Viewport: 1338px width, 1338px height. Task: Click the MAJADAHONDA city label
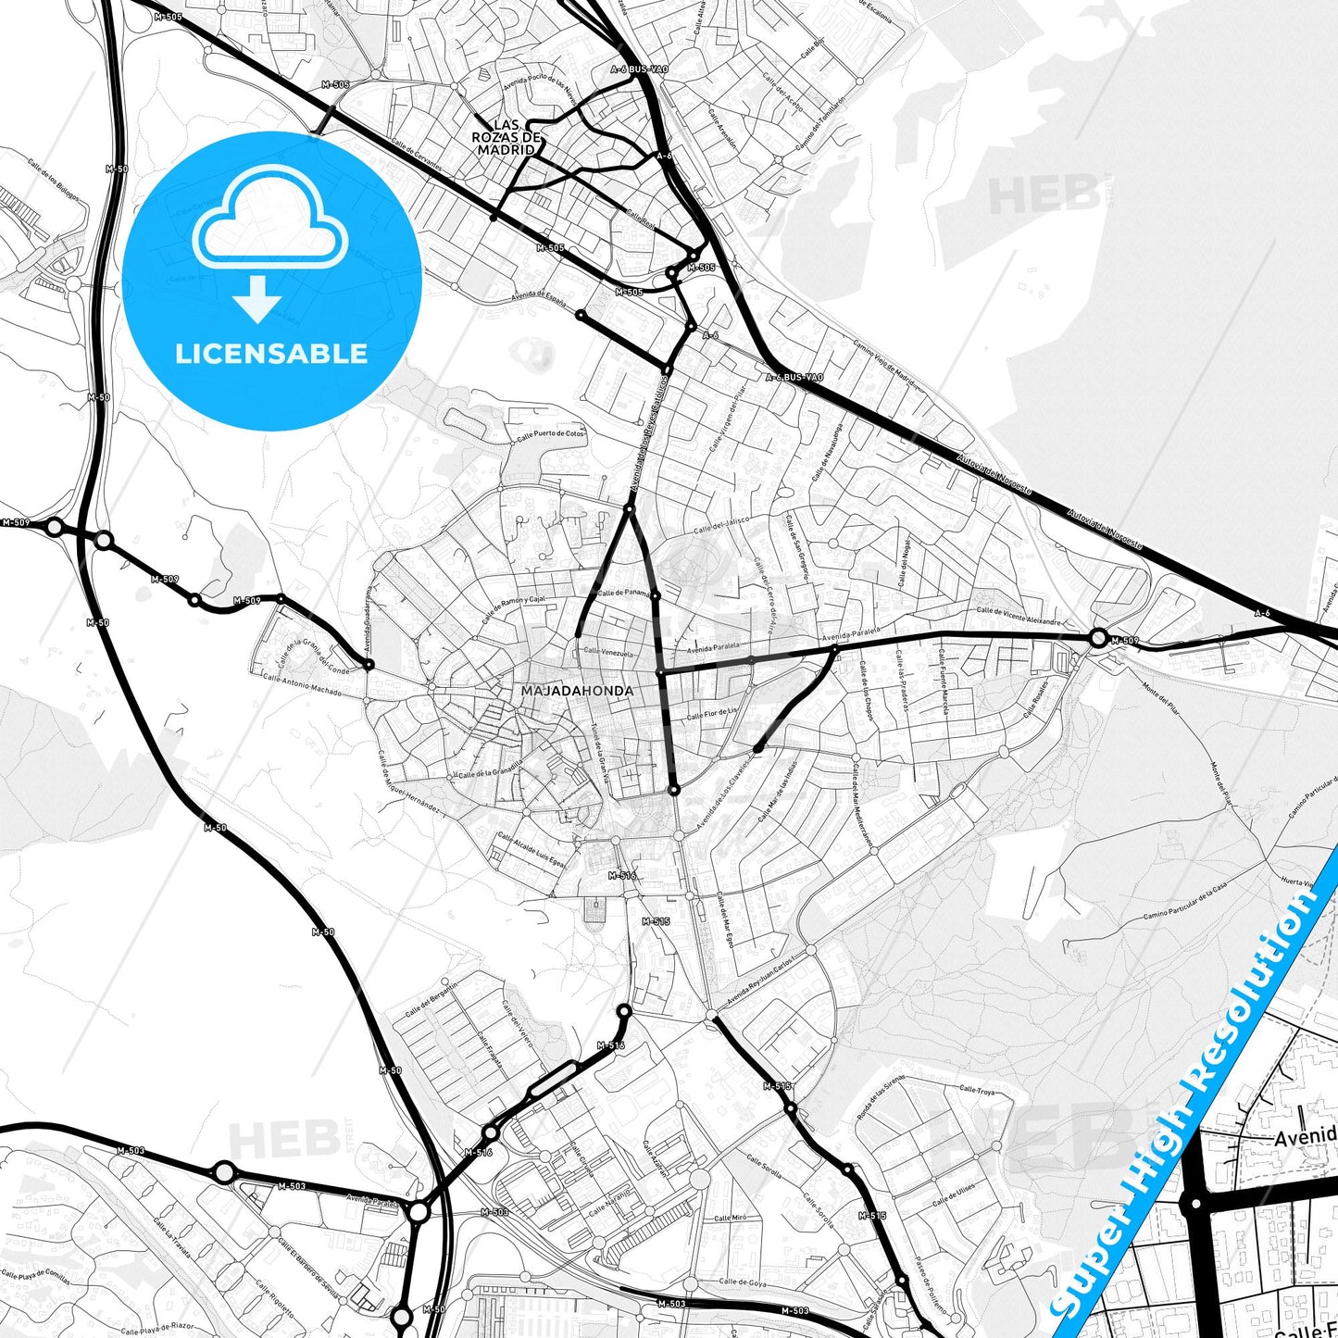pos(577,691)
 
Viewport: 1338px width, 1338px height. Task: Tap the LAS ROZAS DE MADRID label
pos(506,137)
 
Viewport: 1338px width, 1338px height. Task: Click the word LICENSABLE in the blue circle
pos(271,354)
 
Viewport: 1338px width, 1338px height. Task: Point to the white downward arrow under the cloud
pos(257,298)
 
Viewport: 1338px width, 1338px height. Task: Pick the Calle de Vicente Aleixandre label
pos(1019,616)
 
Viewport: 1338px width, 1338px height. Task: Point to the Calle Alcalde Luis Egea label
pos(531,849)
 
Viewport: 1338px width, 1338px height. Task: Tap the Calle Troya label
pos(977,1092)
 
